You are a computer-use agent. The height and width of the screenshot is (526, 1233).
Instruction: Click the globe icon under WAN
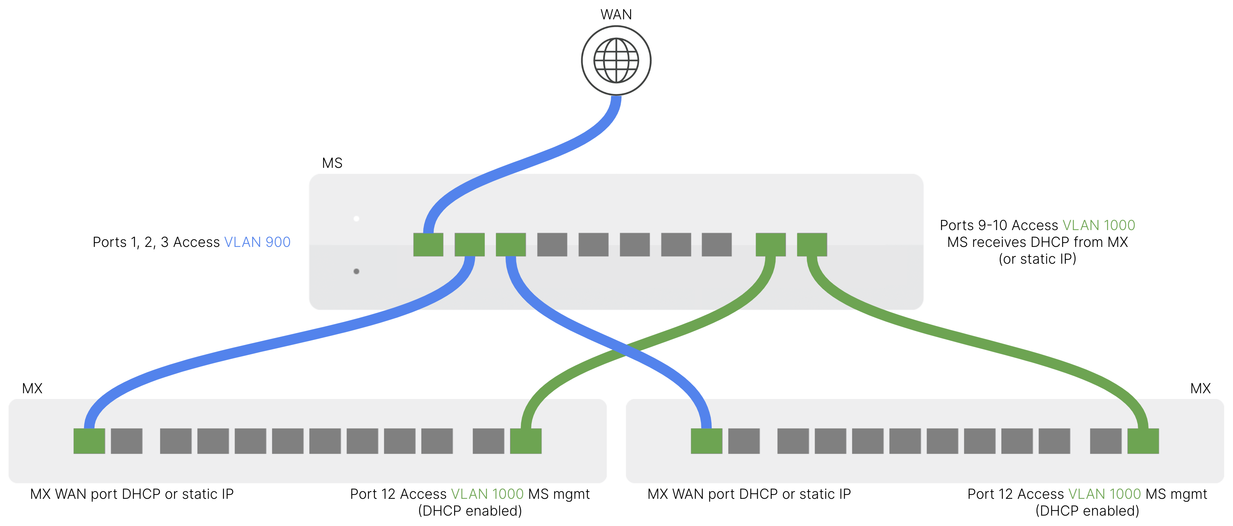[616, 61]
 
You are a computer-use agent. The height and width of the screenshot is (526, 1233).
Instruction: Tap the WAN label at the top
[616, 14]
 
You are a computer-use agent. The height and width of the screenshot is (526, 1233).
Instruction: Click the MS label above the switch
[332, 163]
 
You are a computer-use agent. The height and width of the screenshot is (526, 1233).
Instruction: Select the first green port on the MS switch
[428, 245]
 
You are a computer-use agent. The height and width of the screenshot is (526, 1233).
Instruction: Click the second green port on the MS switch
[469, 245]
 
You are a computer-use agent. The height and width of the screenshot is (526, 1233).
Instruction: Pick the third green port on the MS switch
[511, 245]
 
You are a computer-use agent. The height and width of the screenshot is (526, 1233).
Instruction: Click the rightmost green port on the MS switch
[812, 245]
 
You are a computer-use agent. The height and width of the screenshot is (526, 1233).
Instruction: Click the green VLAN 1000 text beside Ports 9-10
[1098, 225]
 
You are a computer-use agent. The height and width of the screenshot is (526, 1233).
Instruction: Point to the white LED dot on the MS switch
[356, 219]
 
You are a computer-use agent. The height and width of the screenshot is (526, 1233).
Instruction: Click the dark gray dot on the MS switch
[356, 271]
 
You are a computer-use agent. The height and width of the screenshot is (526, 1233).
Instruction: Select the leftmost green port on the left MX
[89, 441]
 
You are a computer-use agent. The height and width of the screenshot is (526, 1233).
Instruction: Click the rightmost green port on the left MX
[526, 441]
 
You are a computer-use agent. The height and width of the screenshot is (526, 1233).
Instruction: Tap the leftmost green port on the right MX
[706, 441]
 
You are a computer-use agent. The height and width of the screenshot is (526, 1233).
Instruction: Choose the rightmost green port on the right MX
[1143, 441]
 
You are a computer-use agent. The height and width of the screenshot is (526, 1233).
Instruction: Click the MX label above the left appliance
[32, 388]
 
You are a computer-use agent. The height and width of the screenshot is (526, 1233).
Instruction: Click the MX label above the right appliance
[1200, 388]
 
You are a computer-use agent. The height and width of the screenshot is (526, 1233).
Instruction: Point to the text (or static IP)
[1037, 259]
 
